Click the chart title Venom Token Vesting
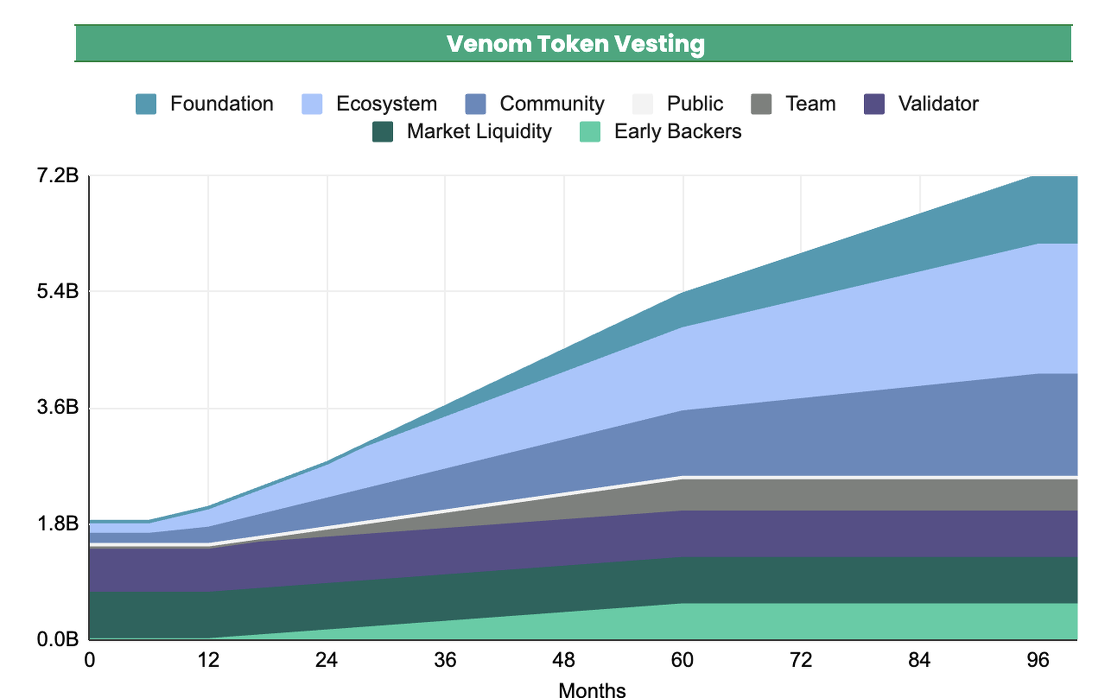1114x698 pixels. (575, 44)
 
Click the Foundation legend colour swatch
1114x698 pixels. (146, 104)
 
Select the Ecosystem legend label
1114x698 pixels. (386, 103)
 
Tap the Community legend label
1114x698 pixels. (551, 103)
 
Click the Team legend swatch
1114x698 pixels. (761, 104)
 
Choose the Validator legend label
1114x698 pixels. (938, 103)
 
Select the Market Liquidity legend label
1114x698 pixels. (479, 131)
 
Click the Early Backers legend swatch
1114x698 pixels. (590, 132)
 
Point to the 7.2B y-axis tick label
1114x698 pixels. (58, 175)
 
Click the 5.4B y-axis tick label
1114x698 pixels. (58, 291)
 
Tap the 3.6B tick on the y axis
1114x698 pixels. (58, 407)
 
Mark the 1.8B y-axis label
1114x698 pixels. (58, 523)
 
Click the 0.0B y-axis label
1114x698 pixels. (58, 640)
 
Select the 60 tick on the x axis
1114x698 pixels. (682, 660)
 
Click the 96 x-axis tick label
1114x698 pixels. (1038, 660)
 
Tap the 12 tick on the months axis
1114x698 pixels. (208, 660)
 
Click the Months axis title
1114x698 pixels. (592, 690)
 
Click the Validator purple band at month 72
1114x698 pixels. (801, 534)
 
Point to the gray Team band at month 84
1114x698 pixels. (920, 495)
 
